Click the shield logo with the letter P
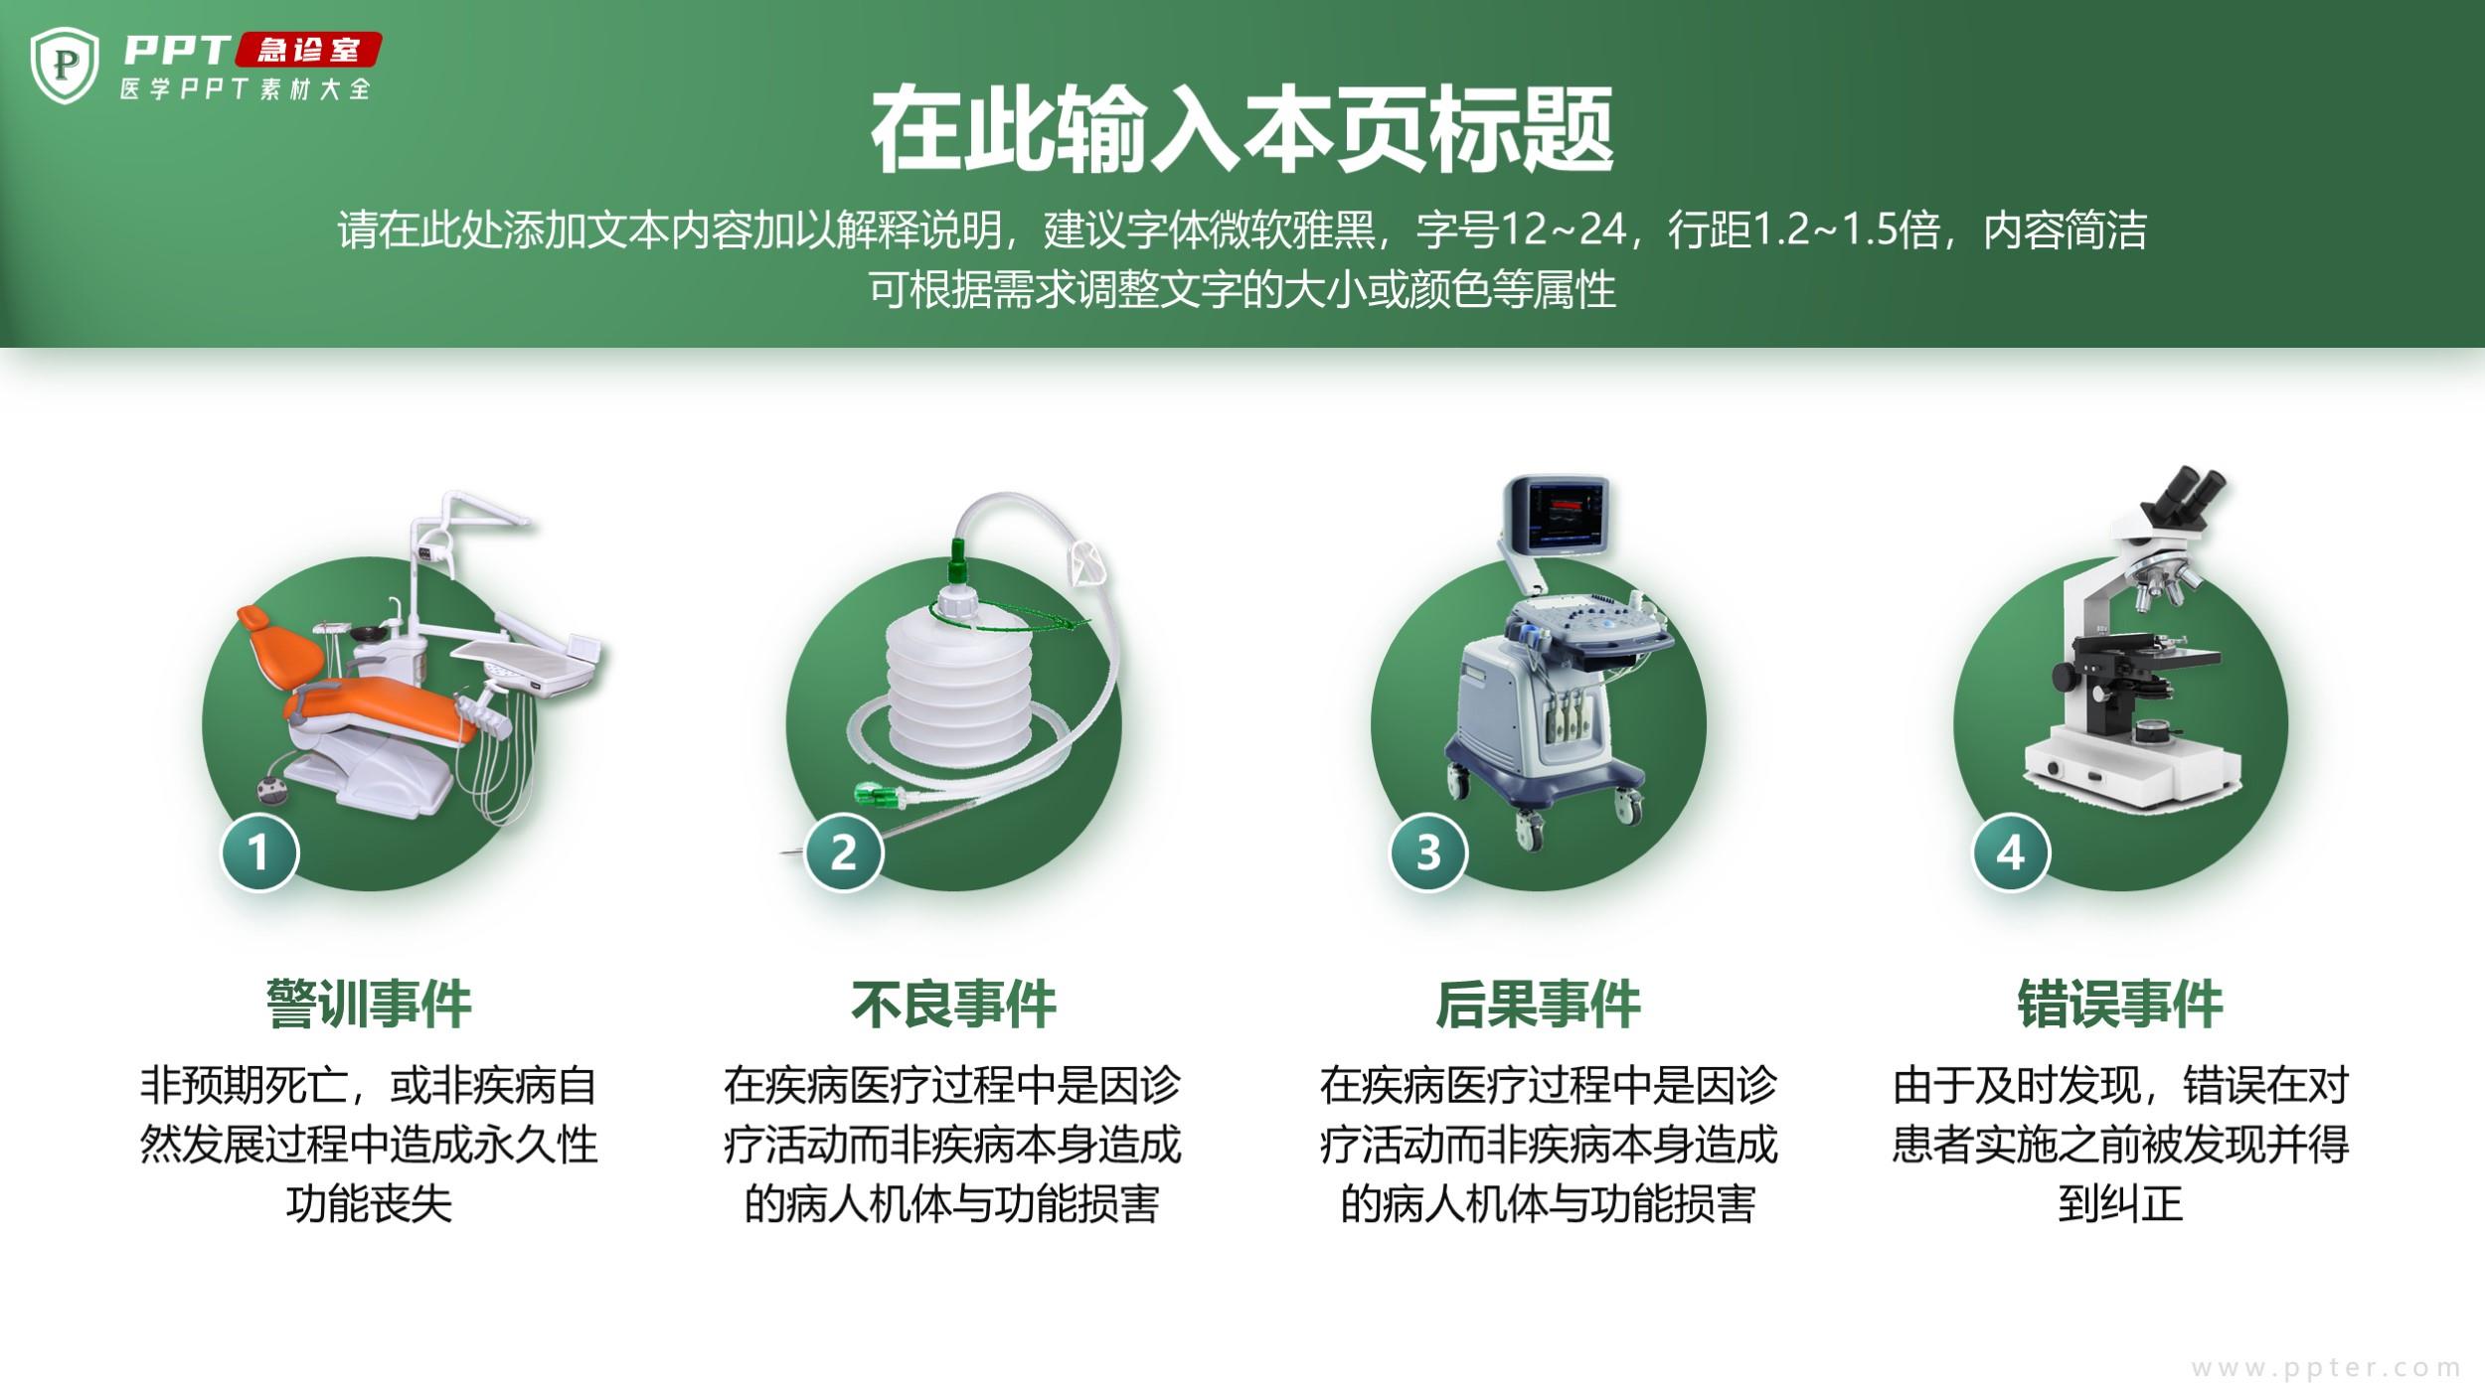[x=65, y=66]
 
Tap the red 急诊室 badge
[x=308, y=50]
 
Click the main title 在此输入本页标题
[x=1242, y=130]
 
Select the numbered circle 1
[x=258, y=853]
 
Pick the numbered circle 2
[x=843, y=853]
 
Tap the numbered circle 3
[x=1427, y=853]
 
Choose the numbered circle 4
[x=2011, y=853]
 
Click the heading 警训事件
[x=369, y=1005]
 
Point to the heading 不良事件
[x=953, y=1005]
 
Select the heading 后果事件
[x=1538, y=1005]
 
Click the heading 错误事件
[x=2120, y=1005]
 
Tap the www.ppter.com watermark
[x=2326, y=1368]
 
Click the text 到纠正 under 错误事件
[x=2120, y=1204]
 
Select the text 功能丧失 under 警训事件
[x=369, y=1204]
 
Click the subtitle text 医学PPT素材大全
[x=246, y=89]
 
